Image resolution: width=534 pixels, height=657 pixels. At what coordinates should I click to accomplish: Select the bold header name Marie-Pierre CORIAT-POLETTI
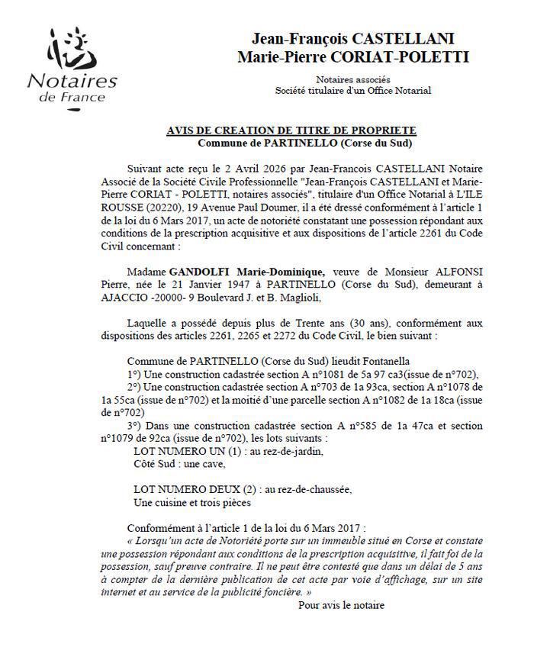click(x=353, y=57)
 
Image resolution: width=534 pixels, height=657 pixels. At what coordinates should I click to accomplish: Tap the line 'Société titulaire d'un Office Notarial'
click(x=352, y=91)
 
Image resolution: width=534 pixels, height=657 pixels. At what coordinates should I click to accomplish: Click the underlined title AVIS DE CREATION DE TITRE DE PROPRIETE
click(x=302, y=131)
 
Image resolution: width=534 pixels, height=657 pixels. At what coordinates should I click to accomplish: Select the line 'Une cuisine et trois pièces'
click(x=191, y=503)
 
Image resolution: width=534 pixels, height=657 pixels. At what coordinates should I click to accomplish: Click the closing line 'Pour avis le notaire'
click(x=341, y=606)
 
